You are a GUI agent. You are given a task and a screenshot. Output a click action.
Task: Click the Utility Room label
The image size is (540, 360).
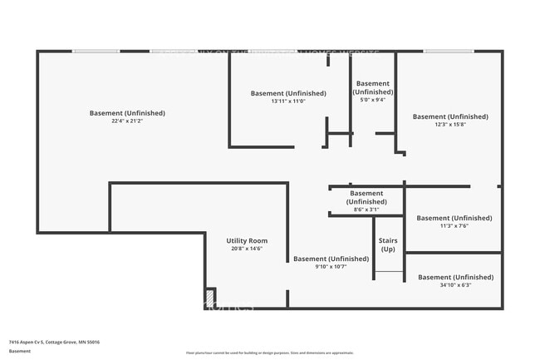click(247, 240)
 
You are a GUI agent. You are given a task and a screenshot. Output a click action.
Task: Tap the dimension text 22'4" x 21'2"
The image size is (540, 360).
click(127, 121)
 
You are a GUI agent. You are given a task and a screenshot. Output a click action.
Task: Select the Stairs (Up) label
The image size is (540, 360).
click(388, 244)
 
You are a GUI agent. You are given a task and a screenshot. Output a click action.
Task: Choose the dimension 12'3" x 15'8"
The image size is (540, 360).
click(450, 125)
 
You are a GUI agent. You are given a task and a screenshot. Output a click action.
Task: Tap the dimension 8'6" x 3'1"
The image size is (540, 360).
click(366, 210)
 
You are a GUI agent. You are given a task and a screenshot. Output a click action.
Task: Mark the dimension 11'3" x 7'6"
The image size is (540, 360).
click(454, 226)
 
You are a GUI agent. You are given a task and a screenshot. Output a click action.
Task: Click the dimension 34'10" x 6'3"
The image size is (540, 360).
click(455, 285)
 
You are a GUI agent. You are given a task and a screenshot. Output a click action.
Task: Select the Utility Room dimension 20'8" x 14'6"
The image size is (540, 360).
click(247, 249)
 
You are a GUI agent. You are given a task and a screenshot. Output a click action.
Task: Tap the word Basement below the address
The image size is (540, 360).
click(20, 351)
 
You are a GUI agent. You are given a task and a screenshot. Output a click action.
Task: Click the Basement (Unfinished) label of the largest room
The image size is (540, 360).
click(127, 113)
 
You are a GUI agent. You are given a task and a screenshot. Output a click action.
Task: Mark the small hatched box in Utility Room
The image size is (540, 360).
click(210, 297)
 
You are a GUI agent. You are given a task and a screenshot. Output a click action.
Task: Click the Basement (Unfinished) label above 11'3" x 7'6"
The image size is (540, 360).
click(454, 218)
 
